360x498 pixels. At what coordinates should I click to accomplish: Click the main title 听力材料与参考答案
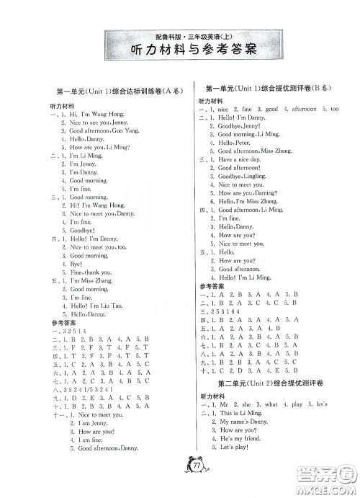[180, 50]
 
